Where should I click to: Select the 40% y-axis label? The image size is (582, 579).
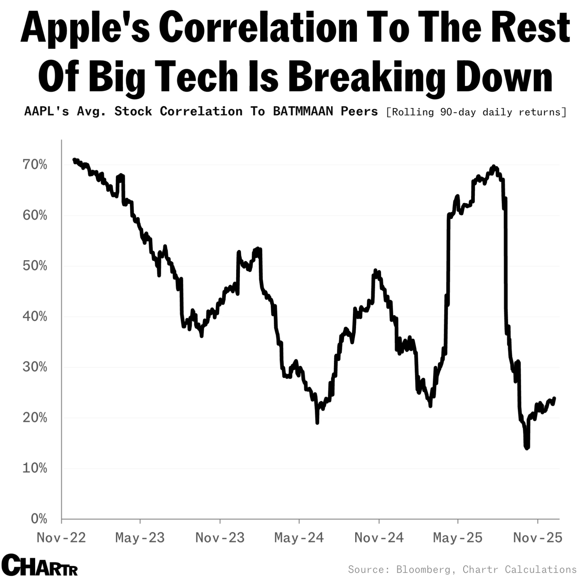point(35,317)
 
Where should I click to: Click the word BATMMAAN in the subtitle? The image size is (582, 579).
point(303,112)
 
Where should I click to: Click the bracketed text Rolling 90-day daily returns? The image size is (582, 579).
point(476,112)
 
